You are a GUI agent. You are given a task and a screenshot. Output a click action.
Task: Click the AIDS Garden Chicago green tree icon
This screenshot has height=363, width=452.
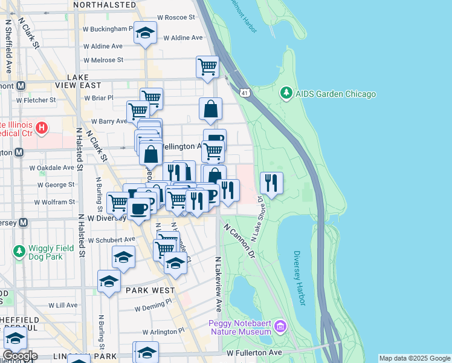point(286,94)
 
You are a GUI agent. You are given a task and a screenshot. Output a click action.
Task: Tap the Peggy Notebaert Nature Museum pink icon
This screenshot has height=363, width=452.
point(279,327)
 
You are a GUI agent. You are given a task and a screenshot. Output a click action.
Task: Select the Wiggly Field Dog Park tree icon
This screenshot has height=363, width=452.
point(19,250)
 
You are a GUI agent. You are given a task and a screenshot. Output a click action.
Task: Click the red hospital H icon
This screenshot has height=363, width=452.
point(41,128)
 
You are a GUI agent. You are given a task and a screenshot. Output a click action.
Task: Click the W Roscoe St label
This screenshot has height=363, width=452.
point(176,18)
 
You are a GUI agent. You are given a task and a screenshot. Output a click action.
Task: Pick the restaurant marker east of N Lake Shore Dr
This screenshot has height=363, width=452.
point(271,182)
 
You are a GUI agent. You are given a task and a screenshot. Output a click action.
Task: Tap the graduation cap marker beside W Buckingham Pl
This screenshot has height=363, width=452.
point(145,33)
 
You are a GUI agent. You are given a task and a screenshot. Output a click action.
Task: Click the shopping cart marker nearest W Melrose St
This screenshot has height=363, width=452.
point(207,66)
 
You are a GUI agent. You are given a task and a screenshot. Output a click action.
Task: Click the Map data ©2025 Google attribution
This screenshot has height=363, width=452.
point(415,358)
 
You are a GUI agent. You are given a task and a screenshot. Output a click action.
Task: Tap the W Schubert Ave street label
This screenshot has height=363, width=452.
point(111,240)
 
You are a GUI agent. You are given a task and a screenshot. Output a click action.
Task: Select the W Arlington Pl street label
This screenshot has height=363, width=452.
point(165,332)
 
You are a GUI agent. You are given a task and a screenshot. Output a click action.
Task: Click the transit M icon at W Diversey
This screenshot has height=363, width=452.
point(23,222)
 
